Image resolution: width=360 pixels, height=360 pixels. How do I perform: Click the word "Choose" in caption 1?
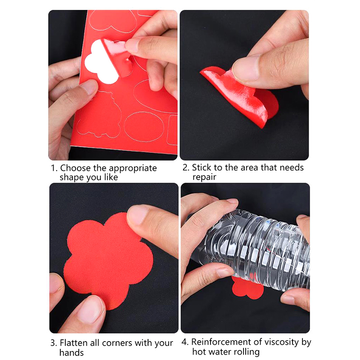(x=75, y=168)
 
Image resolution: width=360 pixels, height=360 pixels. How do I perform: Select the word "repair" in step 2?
(x=204, y=177)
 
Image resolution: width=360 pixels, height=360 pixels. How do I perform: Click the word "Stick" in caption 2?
(x=202, y=167)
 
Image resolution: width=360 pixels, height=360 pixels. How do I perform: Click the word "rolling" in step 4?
(x=245, y=352)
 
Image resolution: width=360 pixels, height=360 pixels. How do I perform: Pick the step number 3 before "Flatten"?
(x=54, y=343)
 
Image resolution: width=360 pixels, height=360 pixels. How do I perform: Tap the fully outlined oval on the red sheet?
(x=144, y=127)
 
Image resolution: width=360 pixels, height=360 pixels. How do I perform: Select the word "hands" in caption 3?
(x=72, y=352)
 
